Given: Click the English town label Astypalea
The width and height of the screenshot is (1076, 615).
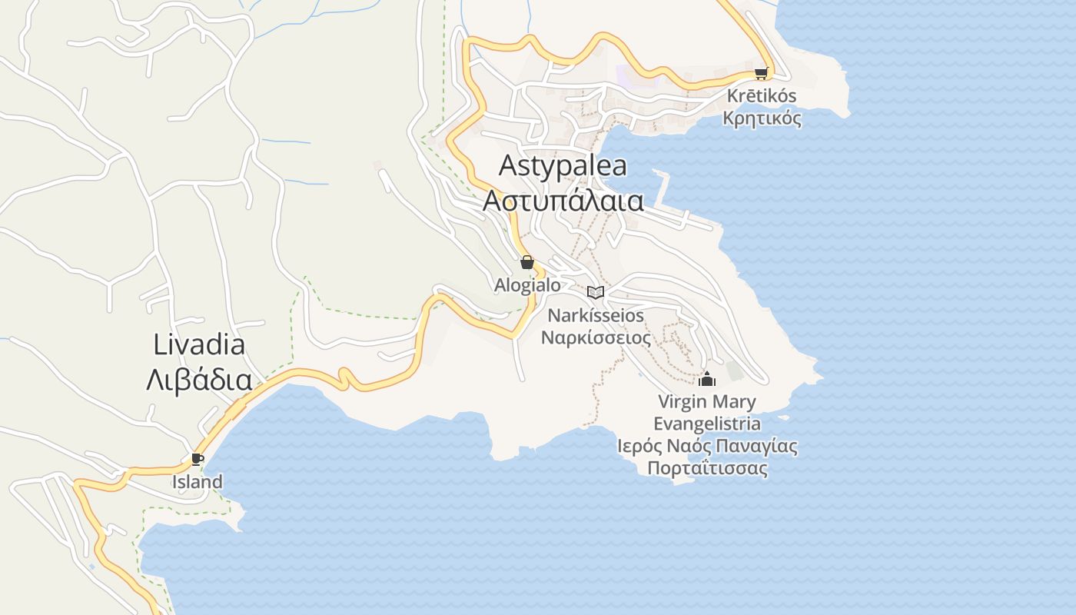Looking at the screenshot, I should coord(563,165).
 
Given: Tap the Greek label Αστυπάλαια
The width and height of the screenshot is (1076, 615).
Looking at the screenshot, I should coord(563,200).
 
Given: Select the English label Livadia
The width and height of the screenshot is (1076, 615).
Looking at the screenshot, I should coord(199,344).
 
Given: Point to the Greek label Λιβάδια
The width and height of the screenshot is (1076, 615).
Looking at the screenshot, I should coord(199,380).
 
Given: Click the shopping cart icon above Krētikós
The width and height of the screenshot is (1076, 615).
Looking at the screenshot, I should coord(761,74).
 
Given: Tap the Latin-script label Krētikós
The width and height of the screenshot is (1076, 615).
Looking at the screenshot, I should coord(761,96).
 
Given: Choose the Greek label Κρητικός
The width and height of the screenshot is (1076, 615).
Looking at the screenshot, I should coord(762,118).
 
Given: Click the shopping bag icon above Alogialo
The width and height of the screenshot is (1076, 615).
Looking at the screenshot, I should coord(527,262).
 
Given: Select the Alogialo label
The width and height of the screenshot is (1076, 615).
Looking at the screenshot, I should coord(527,284).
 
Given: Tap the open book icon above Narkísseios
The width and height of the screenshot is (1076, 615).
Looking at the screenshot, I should coord(596,292).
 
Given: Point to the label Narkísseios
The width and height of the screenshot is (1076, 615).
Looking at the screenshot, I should coord(596,315).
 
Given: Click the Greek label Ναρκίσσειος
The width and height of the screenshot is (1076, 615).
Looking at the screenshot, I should coord(596,337).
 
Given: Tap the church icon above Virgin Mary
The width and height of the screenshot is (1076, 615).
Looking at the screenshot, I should coord(707,379).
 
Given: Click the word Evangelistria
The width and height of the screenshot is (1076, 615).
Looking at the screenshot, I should coord(707,424).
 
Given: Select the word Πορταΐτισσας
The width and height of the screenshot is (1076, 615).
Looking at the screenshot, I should coord(707,468).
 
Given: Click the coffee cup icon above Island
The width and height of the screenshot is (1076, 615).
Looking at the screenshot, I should coord(198,460).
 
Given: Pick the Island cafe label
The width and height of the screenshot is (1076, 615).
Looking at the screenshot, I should coord(198,482).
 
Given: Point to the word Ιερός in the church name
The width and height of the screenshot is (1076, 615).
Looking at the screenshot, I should coord(636,446).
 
